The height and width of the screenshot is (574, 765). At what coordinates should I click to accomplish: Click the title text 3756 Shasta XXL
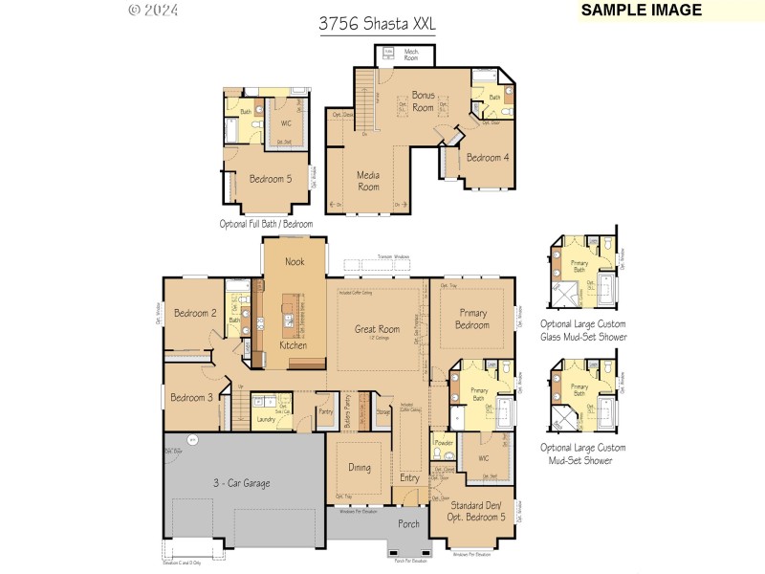pos(377,26)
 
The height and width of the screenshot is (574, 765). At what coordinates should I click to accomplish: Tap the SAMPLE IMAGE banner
pos(642,11)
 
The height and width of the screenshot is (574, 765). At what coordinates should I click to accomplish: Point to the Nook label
pos(295,261)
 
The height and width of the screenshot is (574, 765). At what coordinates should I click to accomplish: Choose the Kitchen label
pos(294,345)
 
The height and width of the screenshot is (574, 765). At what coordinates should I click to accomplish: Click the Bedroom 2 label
pos(195,313)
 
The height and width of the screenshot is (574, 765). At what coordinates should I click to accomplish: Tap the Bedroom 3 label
pos(191,397)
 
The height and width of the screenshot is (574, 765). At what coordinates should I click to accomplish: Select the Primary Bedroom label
pos(472,319)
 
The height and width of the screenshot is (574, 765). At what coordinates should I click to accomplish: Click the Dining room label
pos(360,468)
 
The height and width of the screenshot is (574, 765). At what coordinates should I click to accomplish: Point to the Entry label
pos(409,478)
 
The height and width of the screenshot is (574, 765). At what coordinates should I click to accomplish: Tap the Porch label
pos(408,523)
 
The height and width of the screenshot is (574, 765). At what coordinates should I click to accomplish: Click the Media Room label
pos(369,181)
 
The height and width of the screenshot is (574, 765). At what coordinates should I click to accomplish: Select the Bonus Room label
pos(423,101)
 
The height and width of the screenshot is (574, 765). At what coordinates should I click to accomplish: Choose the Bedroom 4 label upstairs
pos(488,158)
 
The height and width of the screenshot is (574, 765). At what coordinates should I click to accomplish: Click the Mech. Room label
pos(412,55)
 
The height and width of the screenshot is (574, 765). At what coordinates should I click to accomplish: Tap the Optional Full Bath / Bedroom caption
pos(266,223)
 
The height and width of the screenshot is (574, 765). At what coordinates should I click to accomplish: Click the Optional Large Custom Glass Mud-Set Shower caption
pos(583,330)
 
